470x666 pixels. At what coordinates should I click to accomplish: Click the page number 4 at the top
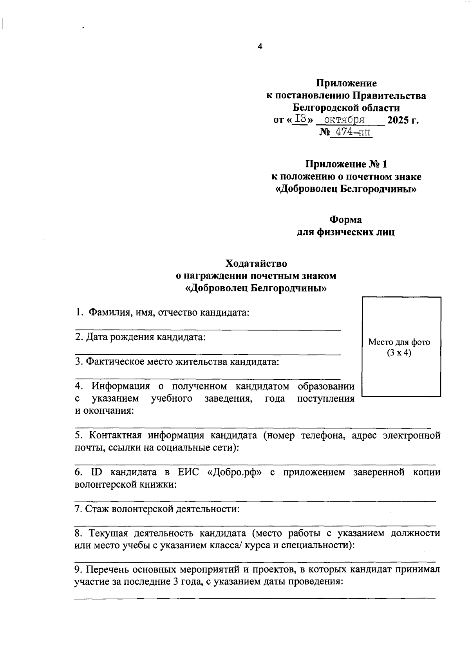click(x=259, y=47)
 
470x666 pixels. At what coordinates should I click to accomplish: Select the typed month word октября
click(x=345, y=119)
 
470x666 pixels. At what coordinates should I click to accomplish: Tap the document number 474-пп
click(x=350, y=133)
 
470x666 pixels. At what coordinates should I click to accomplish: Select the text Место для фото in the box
click(x=399, y=342)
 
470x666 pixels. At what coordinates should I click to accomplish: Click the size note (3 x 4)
click(x=399, y=354)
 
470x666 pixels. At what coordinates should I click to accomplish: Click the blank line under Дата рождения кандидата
click(x=208, y=354)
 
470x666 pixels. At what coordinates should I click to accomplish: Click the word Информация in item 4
click(x=121, y=386)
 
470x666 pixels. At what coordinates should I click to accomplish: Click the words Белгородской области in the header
click(x=346, y=108)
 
